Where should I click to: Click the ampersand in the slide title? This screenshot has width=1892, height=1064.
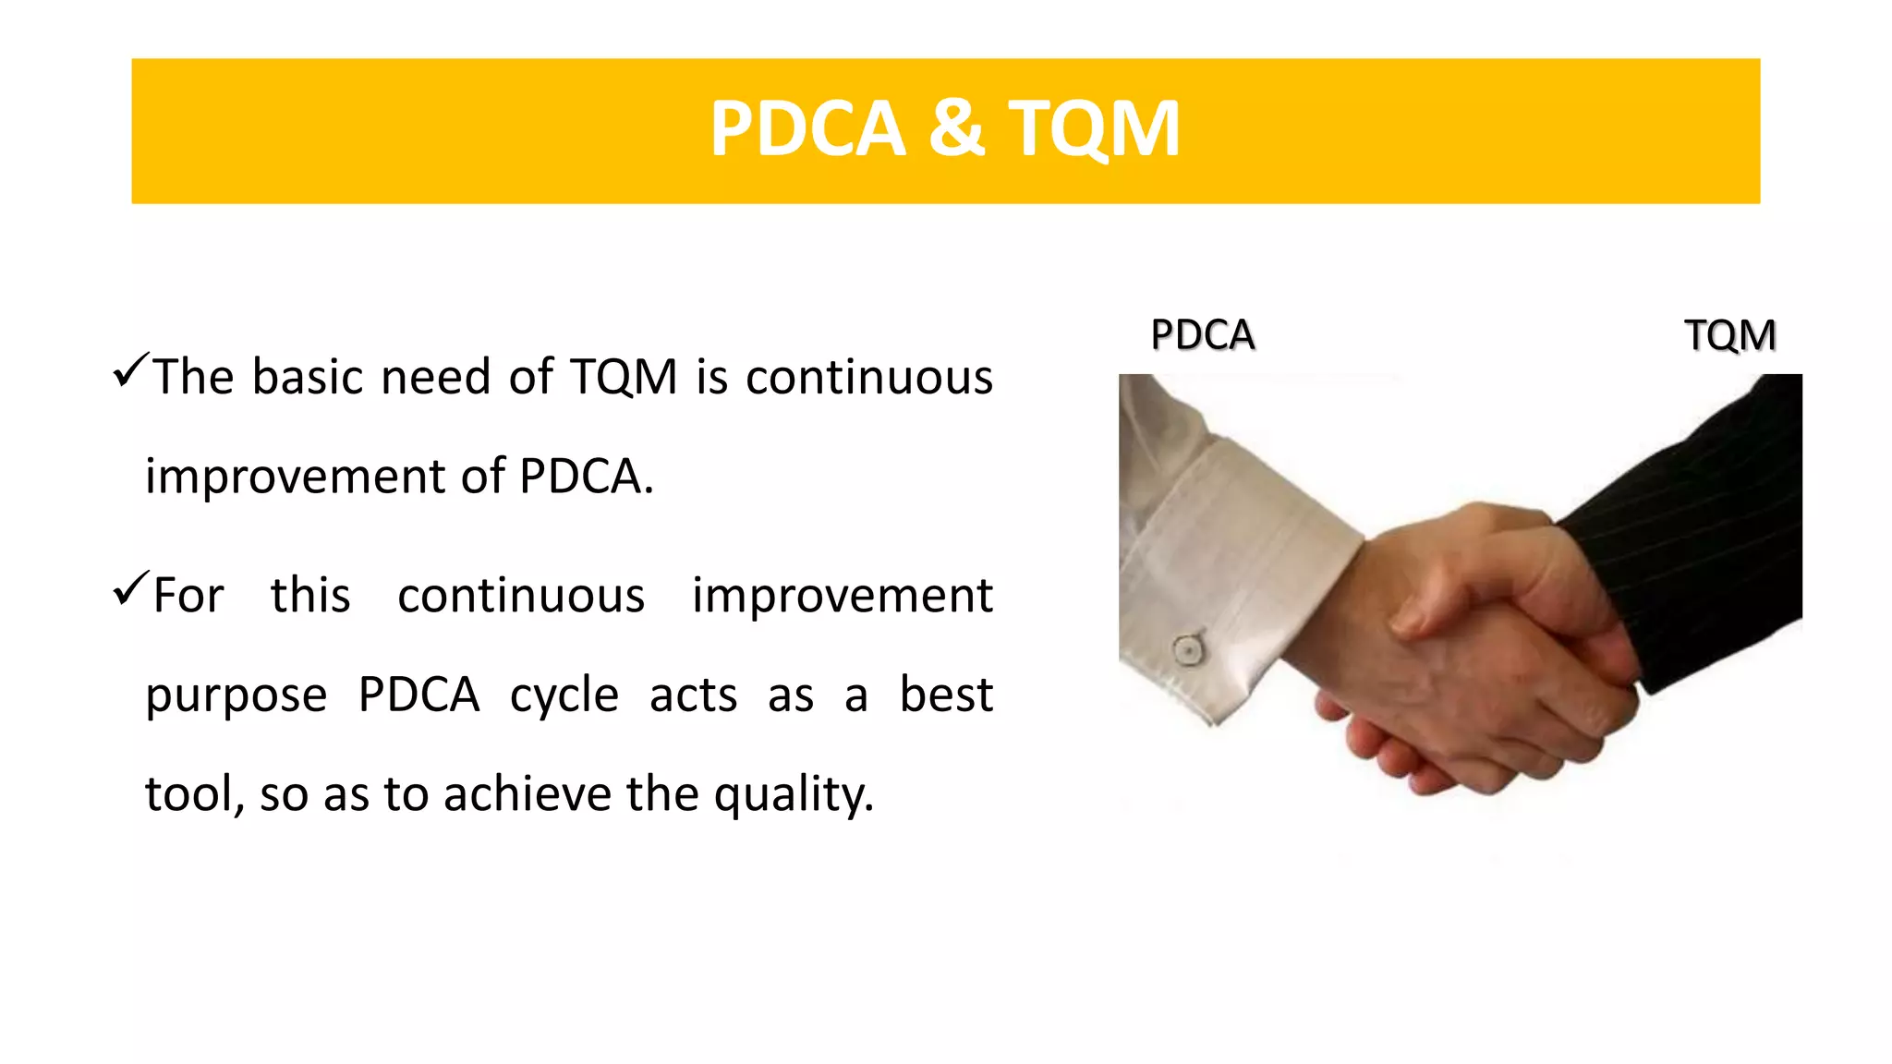coord(956,128)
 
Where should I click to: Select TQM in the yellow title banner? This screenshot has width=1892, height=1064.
coord(1094,128)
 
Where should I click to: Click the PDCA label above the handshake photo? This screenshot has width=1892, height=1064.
coord(1202,334)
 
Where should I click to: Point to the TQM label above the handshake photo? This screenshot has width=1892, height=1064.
coord(1729,334)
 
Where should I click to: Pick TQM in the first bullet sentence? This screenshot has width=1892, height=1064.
coord(624,377)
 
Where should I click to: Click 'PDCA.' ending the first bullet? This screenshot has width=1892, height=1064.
coord(586,477)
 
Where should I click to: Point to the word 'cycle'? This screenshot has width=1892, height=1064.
coord(564,695)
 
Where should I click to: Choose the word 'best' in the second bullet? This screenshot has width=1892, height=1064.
coord(946,695)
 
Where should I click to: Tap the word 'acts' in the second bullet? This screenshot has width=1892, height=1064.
coord(693,695)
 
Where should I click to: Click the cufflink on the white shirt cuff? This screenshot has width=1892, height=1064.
coord(1187,649)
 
